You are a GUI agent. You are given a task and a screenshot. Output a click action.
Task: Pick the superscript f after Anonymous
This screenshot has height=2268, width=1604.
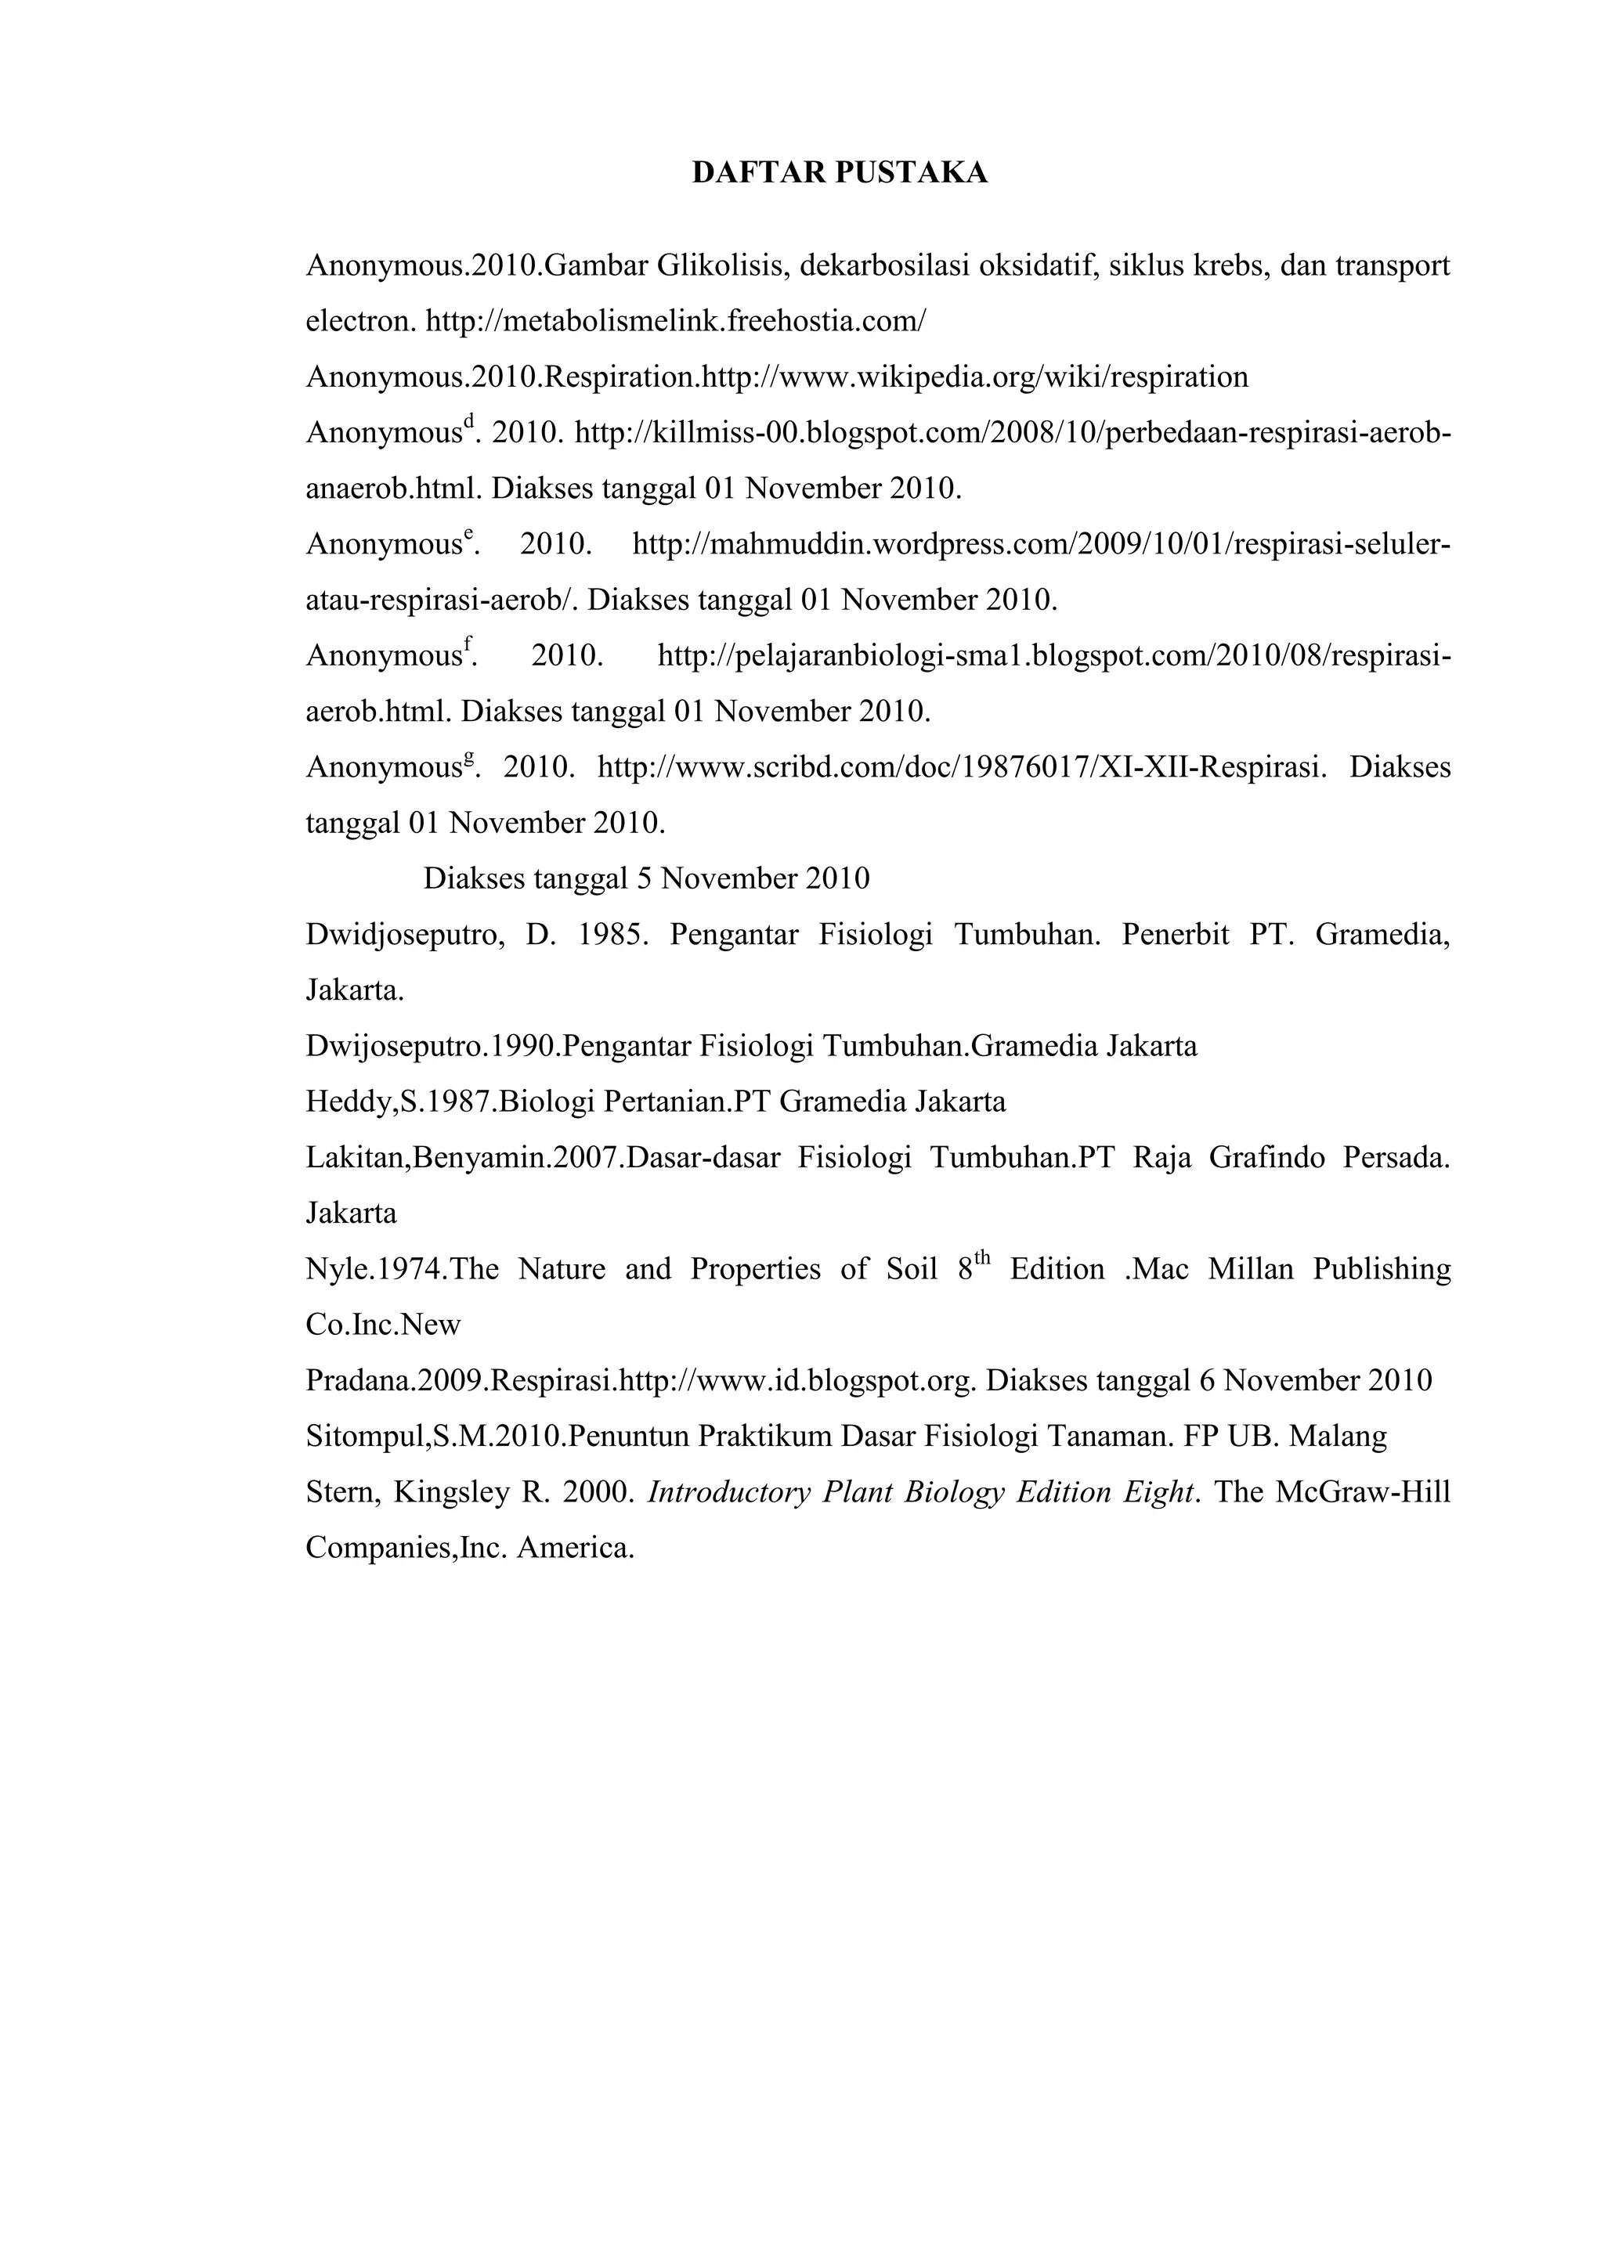tap(468, 643)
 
